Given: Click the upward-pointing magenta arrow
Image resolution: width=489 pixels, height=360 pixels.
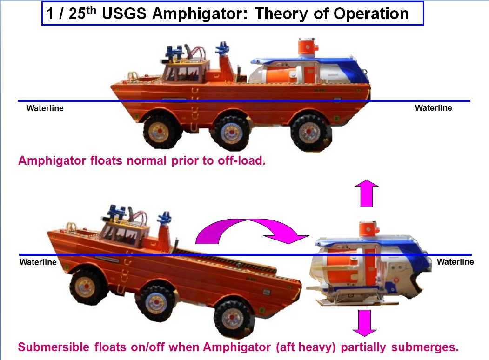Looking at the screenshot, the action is coord(367,193).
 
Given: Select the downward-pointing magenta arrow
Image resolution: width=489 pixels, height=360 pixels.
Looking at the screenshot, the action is coord(365,323).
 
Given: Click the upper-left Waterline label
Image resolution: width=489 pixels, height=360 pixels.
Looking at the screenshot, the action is coord(45,108).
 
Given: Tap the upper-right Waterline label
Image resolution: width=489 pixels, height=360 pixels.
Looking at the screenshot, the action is coord(433,108).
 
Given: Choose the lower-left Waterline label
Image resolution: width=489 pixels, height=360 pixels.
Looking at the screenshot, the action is coord(38,262).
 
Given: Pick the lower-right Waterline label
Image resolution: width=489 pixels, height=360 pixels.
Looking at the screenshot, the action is coord(455,262).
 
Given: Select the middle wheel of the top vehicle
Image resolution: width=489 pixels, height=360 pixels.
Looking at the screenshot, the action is coord(231,133).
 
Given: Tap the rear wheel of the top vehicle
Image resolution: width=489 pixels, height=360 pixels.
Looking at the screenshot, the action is coord(310,132).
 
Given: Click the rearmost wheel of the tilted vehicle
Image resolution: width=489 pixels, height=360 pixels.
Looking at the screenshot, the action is coord(232,319).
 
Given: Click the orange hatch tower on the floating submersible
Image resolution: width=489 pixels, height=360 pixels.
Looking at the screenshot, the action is coord(369,229).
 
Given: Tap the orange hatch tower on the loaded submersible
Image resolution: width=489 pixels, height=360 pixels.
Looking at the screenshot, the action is coord(308,47).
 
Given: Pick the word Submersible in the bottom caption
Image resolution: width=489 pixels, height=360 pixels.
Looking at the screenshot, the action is coord(54,347).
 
